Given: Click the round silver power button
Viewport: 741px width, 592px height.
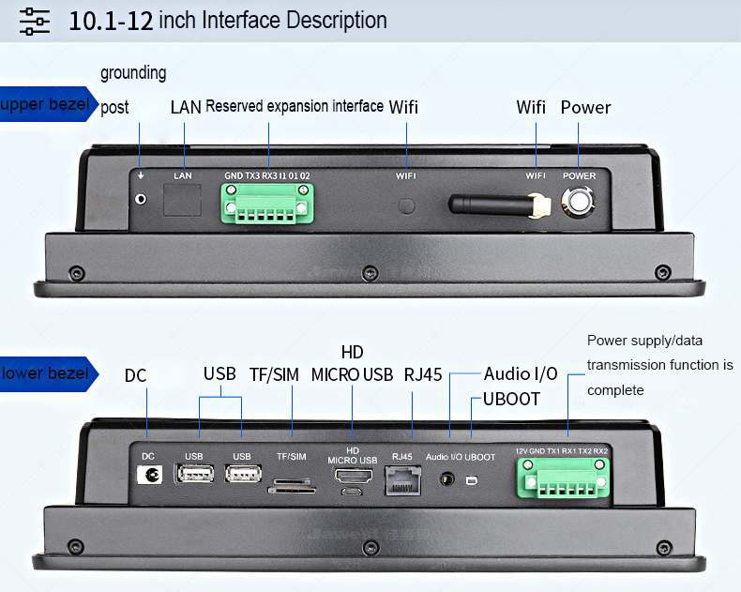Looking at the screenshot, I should (x=579, y=202).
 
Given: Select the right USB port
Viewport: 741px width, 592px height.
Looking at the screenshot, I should (x=241, y=475).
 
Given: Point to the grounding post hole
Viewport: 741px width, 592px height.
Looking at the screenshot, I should (x=142, y=199).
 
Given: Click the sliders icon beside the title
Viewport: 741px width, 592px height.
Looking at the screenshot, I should (x=35, y=21).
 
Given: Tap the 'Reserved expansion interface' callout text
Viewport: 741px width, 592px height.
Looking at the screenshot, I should (x=295, y=106).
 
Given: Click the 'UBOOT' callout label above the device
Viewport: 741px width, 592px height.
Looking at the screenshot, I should (x=511, y=399).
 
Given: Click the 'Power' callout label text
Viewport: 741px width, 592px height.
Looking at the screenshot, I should (x=585, y=107).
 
